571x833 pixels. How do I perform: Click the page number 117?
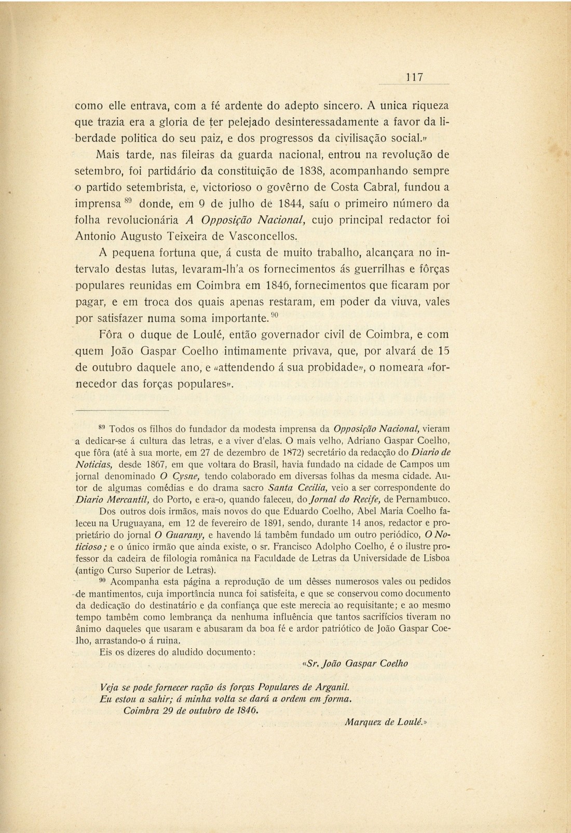point(414,77)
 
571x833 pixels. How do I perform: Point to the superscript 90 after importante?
point(275,315)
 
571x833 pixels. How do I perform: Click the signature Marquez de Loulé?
point(385,721)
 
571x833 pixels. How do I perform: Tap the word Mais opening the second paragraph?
point(108,154)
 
